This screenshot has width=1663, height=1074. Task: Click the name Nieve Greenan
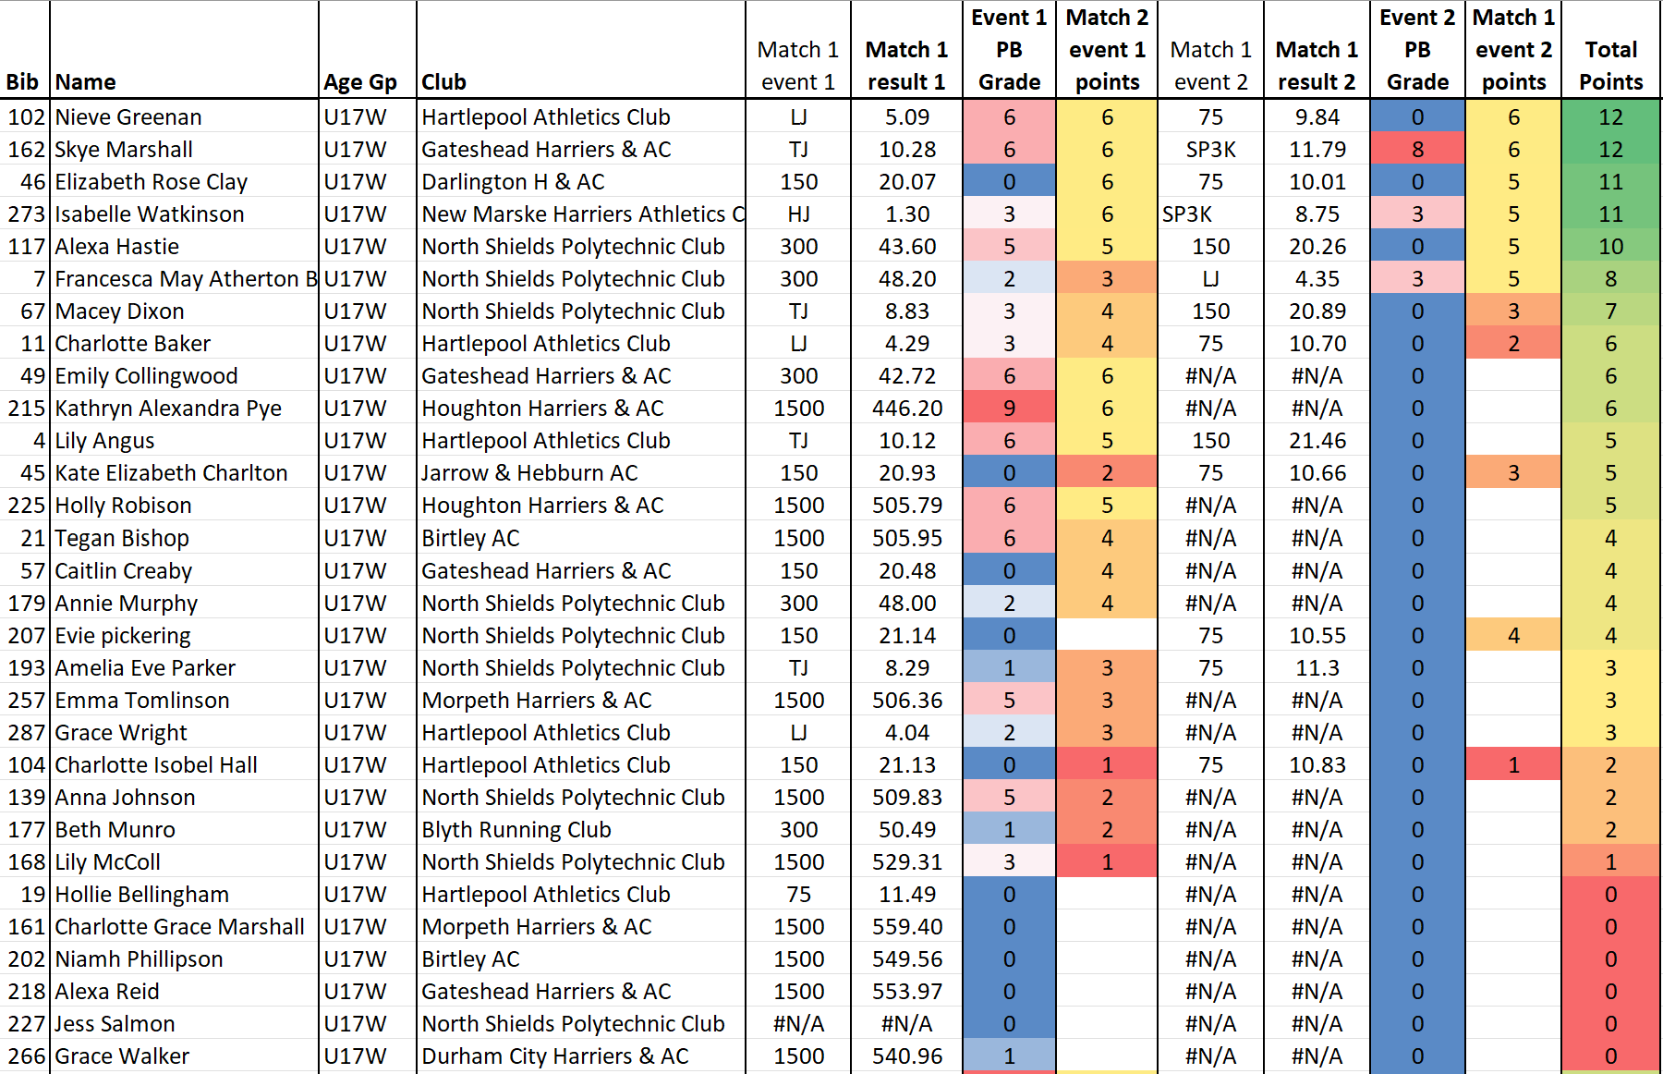(x=128, y=117)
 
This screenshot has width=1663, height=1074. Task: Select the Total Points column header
(x=1610, y=66)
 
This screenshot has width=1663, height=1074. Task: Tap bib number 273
(x=27, y=214)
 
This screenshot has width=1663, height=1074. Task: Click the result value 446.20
(x=907, y=409)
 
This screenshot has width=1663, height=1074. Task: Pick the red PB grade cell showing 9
(x=1009, y=409)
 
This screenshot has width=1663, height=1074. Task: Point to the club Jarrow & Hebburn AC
(x=529, y=473)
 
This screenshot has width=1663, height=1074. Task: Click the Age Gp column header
(x=360, y=82)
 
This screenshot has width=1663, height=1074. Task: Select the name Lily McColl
(x=108, y=862)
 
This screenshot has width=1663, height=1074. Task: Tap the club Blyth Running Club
(x=516, y=830)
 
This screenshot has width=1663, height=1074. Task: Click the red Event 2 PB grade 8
(x=1417, y=150)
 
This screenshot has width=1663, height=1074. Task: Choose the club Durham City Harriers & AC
(x=555, y=1056)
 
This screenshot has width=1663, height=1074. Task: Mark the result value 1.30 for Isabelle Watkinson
(x=907, y=214)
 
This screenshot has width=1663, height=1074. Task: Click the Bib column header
(x=22, y=82)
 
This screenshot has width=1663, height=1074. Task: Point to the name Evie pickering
(x=123, y=636)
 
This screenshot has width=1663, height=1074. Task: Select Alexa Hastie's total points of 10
(x=1610, y=247)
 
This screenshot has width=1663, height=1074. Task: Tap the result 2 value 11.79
(x=1317, y=150)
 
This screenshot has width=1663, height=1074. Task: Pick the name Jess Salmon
(x=115, y=1024)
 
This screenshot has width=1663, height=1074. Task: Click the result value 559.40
(x=907, y=927)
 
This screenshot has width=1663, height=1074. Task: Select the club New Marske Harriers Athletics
(x=583, y=214)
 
